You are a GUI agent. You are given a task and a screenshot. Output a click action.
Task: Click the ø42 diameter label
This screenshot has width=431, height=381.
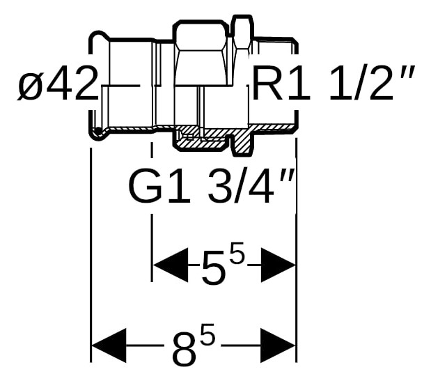tap(58, 84)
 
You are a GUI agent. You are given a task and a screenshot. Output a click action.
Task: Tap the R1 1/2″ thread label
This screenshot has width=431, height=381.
tap(333, 83)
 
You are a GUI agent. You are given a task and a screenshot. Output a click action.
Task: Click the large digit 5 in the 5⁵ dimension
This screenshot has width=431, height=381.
tap(213, 269)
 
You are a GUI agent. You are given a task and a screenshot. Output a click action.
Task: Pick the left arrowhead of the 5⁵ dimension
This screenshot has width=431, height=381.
tap(171, 265)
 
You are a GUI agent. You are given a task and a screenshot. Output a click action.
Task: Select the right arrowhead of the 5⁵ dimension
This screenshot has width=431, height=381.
tap(278, 265)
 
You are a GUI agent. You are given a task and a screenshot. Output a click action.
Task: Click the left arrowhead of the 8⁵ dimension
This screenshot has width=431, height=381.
tap(109, 345)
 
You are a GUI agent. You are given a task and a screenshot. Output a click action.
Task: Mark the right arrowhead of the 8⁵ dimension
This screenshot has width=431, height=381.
tap(278, 345)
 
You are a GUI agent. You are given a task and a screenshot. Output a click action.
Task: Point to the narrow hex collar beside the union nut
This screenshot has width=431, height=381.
tap(242, 36)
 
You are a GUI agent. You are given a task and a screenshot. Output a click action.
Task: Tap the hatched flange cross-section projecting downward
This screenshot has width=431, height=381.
tap(243, 141)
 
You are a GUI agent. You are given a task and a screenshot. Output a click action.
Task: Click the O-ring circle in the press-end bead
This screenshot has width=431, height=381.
tap(97, 132)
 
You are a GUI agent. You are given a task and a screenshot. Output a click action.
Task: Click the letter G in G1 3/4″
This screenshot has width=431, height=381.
tap(145, 187)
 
